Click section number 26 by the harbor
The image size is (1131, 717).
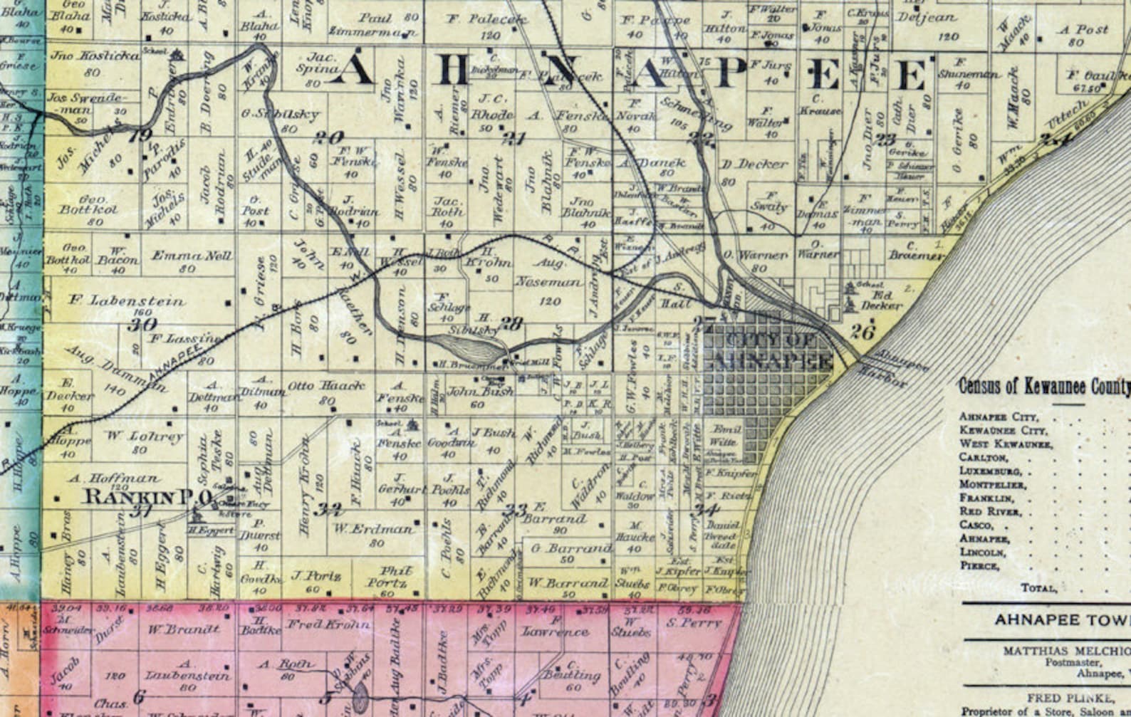862,331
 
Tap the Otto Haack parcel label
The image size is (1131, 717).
326,386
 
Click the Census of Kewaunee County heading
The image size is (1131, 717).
1044,387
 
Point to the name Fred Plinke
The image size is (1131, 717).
1068,698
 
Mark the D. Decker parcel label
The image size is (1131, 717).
755,164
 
